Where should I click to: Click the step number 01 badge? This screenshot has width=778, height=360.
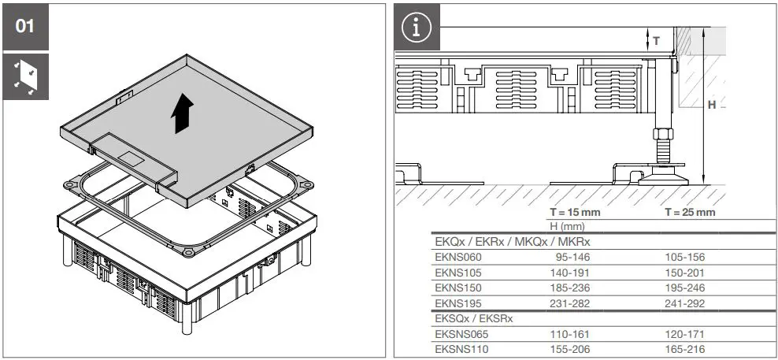[x=26, y=27]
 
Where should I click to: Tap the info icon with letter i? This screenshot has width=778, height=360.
[x=417, y=28]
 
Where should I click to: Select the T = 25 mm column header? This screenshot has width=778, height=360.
[x=690, y=213]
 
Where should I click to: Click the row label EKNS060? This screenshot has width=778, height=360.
[x=458, y=257]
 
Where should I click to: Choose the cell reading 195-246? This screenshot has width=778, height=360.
[x=684, y=288]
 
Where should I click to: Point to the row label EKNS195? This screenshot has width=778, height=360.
[x=458, y=303]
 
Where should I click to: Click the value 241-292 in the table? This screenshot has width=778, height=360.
[x=684, y=303]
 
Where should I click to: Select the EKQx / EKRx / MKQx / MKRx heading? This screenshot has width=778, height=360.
[x=512, y=242]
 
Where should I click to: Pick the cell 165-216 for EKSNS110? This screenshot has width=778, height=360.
[x=684, y=349]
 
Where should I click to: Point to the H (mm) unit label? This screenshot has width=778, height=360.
[x=567, y=227]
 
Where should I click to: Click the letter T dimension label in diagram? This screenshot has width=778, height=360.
[x=655, y=41]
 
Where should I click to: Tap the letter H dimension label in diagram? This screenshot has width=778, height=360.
[x=712, y=105]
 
